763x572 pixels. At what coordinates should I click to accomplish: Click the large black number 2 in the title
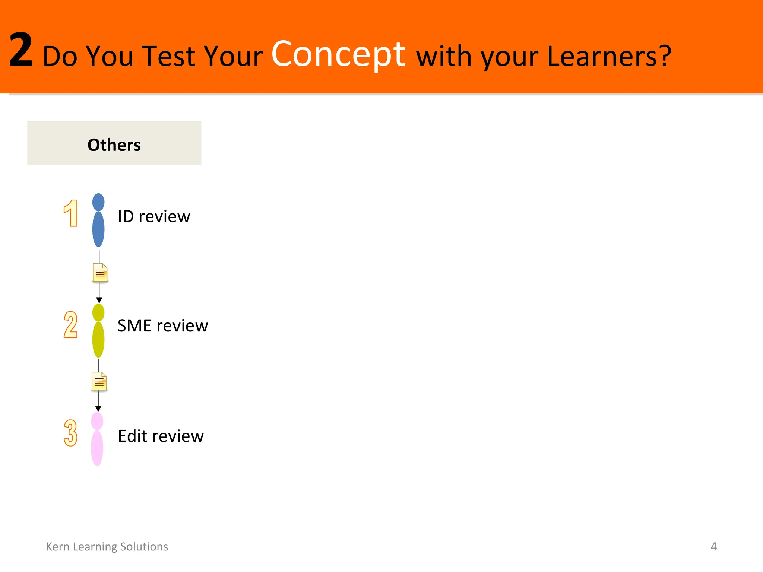(x=21, y=50)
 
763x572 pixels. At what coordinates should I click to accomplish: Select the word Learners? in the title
(x=609, y=57)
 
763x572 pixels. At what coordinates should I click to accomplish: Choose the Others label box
(x=114, y=143)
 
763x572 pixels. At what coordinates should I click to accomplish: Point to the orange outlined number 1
(x=71, y=213)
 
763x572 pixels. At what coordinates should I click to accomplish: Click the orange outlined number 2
(x=70, y=325)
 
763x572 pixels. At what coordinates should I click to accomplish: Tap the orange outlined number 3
(x=70, y=433)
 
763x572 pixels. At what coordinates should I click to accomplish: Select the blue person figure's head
(x=98, y=202)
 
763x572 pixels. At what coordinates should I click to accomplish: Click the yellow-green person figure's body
(x=98, y=339)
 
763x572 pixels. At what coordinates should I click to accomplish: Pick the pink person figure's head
(x=97, y=421)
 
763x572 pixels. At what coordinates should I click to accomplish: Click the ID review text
(x=154, y=216)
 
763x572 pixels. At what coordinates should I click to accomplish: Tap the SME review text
(x=163, y=326)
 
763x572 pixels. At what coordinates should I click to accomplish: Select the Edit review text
(x=161, y=436)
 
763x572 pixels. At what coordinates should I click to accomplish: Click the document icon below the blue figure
(x=100, y=273)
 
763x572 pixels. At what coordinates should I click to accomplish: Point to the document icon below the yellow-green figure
(x=99, y=381)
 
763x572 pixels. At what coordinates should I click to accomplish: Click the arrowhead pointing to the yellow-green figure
(x=99, y=300)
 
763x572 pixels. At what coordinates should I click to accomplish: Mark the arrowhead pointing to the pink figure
(x=98, y=409)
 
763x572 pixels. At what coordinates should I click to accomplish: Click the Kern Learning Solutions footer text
(x=107, y=547)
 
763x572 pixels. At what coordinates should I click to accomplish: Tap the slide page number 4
(x=713, y=547)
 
